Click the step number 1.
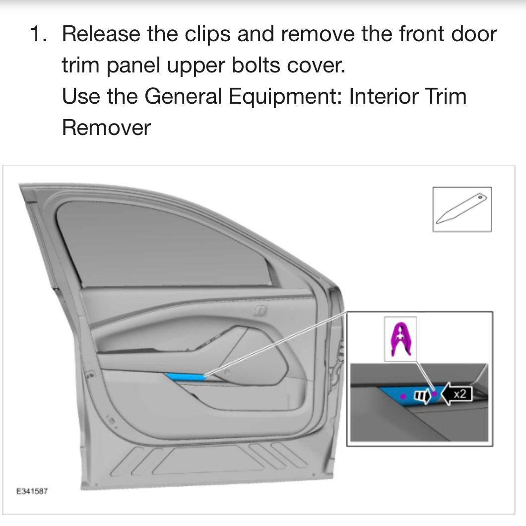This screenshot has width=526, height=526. (38, 34)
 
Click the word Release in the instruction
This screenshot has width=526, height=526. (101, 34)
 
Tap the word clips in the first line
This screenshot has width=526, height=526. (207, 35)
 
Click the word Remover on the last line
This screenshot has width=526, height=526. (106, 128)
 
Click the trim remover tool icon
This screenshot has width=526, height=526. (461, 208)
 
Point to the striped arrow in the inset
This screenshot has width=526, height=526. (422, 396)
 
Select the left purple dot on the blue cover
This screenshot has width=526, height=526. (403, 396)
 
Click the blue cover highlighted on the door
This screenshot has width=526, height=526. (186, 377)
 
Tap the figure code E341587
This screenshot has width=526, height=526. (32, 491)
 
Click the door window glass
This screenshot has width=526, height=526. (160, 245)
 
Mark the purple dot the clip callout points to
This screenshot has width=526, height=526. (434, 394)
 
